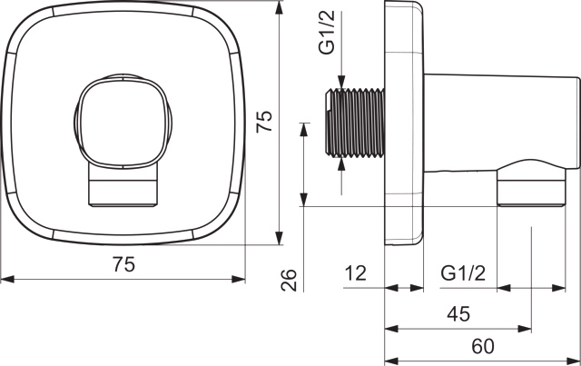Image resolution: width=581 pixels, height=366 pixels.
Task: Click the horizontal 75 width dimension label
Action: [x=123, y=265]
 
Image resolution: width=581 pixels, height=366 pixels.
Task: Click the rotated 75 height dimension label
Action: [x=264, y=121]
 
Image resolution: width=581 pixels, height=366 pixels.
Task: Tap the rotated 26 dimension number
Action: [x=289, y=280]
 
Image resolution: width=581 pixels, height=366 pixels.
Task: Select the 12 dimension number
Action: [x=355, y=273]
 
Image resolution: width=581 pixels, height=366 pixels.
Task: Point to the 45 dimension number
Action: [x=458, y=314]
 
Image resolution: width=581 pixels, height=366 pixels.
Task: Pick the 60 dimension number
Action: [x=483, y=346]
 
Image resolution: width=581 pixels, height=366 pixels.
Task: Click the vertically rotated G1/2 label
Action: [x=327, y=33]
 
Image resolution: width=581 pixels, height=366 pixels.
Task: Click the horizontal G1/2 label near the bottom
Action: [x=463, y=273]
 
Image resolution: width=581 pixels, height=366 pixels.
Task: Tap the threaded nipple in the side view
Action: [x=355, y=123]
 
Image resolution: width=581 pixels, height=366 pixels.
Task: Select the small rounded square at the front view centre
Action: [x=121, y=122]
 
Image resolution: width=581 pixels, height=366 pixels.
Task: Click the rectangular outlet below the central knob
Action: [x=123, y=185]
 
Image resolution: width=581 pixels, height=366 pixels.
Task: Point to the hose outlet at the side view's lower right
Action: [x=532, y=183]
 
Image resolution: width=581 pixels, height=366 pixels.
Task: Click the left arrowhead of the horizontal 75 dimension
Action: [x=7, y=279]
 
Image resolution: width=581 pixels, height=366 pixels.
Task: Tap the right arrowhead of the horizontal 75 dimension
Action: [x=239, y=279]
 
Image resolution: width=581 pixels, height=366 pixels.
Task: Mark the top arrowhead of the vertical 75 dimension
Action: [x=279, y=8]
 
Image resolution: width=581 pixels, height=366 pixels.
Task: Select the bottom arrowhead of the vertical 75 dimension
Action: [x=279, y=238]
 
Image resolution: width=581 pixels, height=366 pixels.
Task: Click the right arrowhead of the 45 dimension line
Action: [x=525, y=329]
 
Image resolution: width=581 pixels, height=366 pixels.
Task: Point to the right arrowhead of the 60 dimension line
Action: [x=573, y=361]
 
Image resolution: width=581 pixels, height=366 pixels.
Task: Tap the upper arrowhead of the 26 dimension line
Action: [x=304, y=129]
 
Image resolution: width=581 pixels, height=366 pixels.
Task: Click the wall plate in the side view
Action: [x=404, y=124]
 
